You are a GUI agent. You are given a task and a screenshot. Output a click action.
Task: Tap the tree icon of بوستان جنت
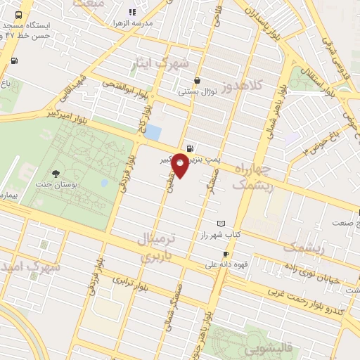56,174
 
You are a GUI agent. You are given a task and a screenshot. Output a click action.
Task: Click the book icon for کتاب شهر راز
221,223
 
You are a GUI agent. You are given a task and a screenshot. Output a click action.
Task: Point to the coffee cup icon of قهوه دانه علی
226,254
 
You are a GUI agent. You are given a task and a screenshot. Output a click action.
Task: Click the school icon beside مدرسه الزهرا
131,12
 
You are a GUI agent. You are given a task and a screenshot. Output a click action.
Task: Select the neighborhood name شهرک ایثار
160,64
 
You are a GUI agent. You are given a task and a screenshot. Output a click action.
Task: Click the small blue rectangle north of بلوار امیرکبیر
153,131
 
